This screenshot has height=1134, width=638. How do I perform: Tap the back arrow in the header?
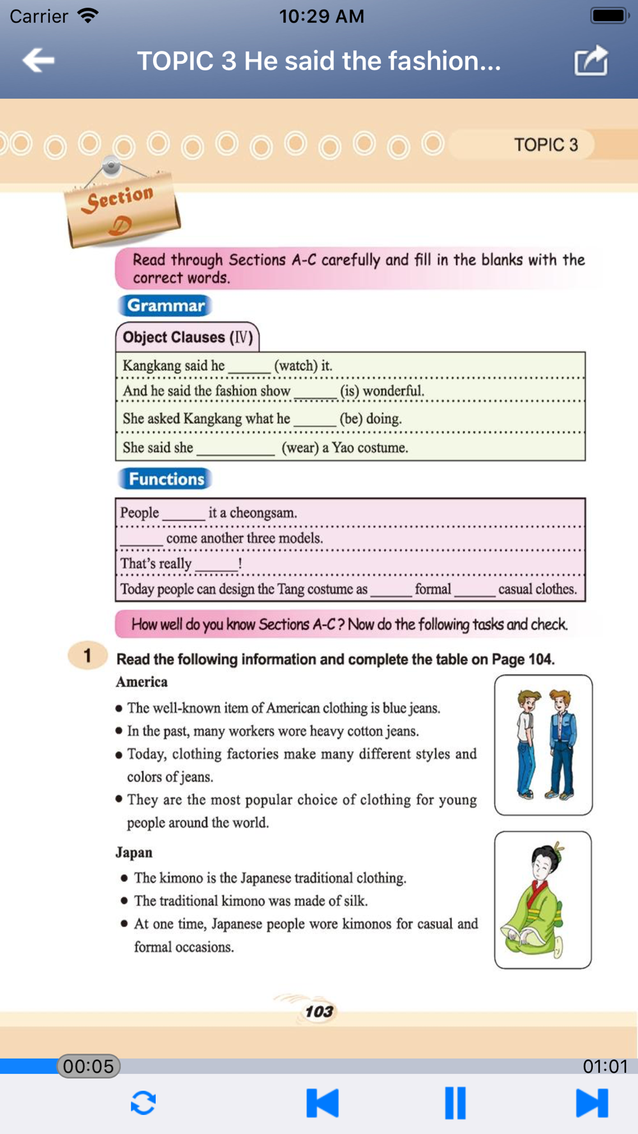(x=38, y=61)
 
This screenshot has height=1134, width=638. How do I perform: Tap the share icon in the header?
(x=591, y=61)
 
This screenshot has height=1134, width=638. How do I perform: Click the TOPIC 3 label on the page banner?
(x=546, y=145)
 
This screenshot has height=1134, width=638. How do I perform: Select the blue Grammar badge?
(x=165, y=306)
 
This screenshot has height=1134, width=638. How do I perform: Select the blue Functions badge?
(x=166, y=479)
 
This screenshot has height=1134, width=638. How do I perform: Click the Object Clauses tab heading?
(x=188, y=337)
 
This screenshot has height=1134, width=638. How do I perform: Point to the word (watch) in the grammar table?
(x=295, y=365)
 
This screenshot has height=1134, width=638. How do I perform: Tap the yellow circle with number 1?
(x=87, y=655)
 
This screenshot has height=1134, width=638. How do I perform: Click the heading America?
(x=142, y=682)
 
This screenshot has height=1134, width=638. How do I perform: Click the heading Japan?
(x=134, y=853)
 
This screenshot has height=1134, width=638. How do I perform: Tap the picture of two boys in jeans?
(x=543, y=745)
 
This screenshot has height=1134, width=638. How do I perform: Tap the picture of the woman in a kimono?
(x=542, y=900)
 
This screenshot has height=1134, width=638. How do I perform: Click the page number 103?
(x=319, y=1012)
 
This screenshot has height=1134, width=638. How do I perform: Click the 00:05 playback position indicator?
(x=89, y=1066)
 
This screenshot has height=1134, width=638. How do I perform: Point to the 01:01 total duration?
(x=605, y=1066)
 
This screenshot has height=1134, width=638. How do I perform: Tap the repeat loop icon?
(x=144, y=1103)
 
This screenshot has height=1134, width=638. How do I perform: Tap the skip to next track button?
(x=591, y=1103)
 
